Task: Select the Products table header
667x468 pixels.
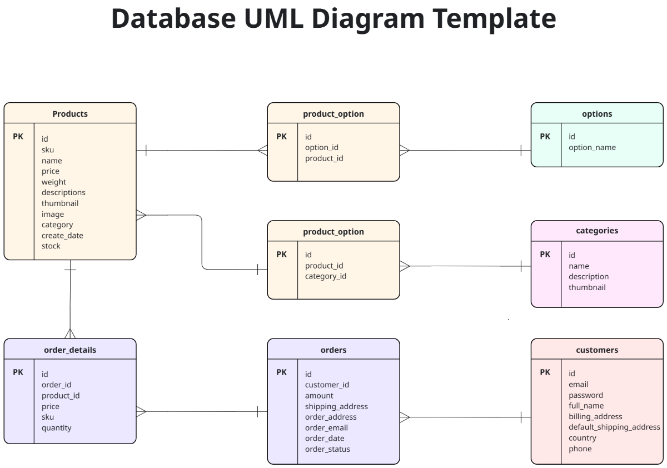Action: [70, 114]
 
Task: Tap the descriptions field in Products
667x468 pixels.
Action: [63, 192]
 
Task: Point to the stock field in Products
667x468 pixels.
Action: [51, 246]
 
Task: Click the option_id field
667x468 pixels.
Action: [321, 147]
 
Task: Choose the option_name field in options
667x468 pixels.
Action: [592, 147]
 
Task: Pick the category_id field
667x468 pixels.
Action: [325, 276]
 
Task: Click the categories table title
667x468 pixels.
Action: [597, 231]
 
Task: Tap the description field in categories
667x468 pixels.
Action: [588, 276]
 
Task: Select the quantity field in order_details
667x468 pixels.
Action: [56, 427]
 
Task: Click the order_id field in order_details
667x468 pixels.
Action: [56, 385]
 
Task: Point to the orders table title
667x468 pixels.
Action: [333, 350]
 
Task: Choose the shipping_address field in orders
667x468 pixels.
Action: [336, 406]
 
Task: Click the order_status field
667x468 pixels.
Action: [327, 449]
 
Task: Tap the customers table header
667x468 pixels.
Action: [597, 350]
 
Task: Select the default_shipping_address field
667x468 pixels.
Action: [614, 427]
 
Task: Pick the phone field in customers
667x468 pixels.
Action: [580, 449]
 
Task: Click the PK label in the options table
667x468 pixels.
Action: [545, 136]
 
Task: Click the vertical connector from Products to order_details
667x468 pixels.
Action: [70, 300]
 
